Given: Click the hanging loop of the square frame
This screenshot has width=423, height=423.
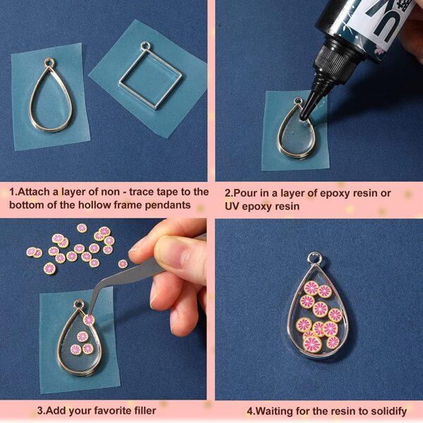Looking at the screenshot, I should [146, 47].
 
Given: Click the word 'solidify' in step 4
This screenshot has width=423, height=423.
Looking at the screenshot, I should [386, 410].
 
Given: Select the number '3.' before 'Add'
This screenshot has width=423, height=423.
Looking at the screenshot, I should [41, 410].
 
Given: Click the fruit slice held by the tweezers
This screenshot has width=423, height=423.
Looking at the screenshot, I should [89, 319].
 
